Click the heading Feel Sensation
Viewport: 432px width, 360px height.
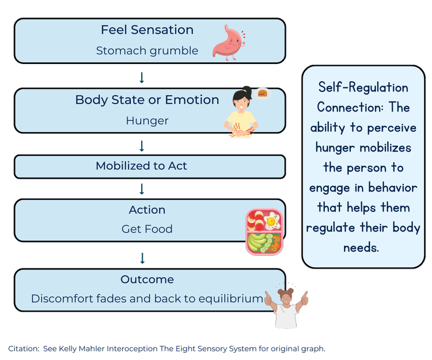[x=147, y=30]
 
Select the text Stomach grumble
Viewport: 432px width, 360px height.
[x=147, y=51]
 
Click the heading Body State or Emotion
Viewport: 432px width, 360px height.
[x=147, y=100]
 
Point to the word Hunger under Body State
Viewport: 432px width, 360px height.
[x=147, y=121]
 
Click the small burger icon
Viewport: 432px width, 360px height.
[x=263, y=92]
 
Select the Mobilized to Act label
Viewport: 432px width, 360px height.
[x=141, y=166]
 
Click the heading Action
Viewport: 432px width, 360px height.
[x=147, y=210]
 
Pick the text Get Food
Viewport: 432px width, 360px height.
[x=147, y=229]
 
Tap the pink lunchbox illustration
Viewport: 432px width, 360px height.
[x=264, y=232]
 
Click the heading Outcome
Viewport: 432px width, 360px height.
[x=147, y=280]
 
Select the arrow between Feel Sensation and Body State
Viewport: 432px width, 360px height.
[x=142, y=77]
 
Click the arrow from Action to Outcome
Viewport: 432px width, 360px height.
[x=142, y=257]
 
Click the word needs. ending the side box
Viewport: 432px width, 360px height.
[x=363, y=248]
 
